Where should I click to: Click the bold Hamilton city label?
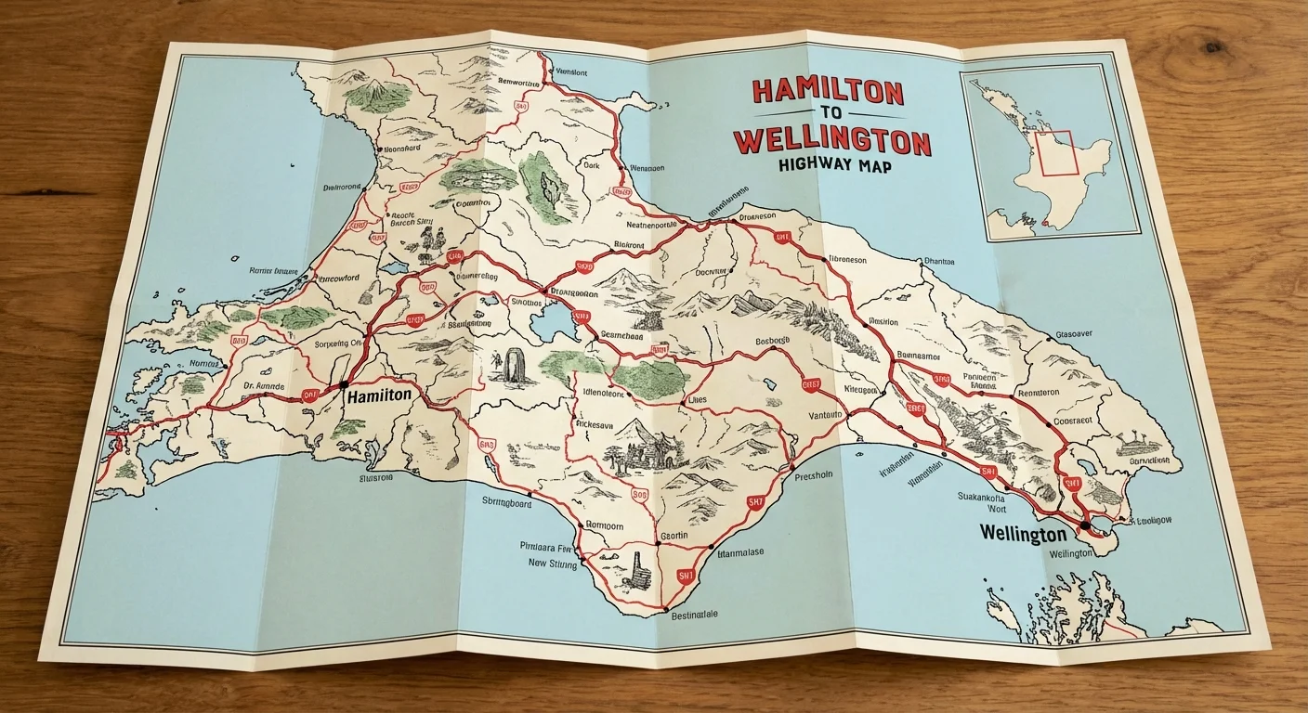coord(378,395)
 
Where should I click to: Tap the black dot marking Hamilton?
coord(344,383)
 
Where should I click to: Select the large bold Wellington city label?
coord(1023,536)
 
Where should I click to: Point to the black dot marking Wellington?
coord(1084,526)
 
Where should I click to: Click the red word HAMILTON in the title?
coord(827,91)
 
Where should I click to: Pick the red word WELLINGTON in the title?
coord(831,143)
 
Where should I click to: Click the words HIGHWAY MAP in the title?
coord(828,169)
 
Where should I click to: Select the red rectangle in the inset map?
coord(1056,153)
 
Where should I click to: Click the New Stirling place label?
coord(552,564)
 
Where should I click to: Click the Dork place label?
coord(592,166)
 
